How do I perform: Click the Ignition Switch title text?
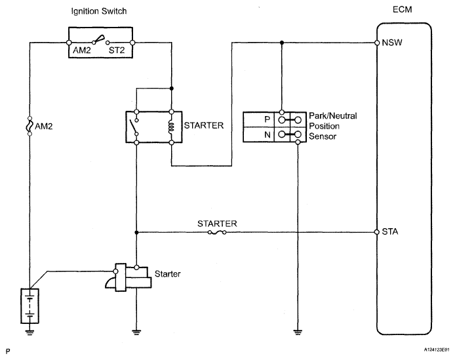coord(99,11)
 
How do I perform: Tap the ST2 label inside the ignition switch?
coord(117,50)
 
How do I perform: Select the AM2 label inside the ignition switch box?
coord(82,50)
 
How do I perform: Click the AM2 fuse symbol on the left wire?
coord(30,127)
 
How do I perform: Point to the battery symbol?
coord(30,306)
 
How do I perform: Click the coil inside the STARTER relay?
coord(172,127)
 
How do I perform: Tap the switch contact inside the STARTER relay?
coord(134,127)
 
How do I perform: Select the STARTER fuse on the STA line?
coord(217,233)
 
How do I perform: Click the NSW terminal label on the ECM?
coord(392,43)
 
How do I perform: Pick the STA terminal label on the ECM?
coord(390,231)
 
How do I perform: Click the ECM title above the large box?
coord(402,10)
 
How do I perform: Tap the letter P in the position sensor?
coord(267,119)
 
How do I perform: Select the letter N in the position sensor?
coord(267,134)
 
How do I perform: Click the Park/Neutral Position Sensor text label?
coord(333,126)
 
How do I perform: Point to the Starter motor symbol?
coord(129,277)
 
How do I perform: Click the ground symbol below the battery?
coord(30,332)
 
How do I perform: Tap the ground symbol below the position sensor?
coord(298,332)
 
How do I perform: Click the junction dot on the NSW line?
coord(281,43)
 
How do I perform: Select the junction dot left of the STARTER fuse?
coord(136,233)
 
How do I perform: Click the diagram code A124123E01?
coord(437,350)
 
